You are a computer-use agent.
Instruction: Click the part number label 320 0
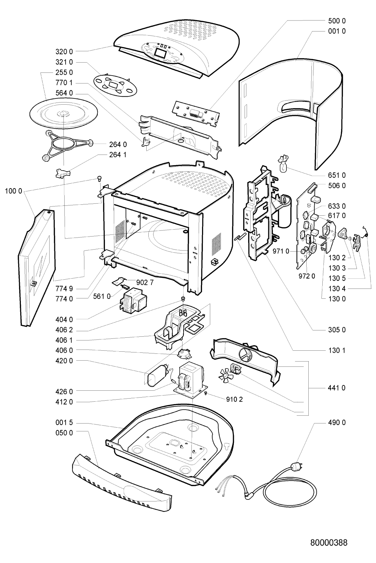[x=64, y=52]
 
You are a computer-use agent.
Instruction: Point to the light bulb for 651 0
[x=283, y=166]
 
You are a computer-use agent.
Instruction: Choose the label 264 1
[x=118, y=155]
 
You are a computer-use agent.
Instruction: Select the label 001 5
[x=64, y=423]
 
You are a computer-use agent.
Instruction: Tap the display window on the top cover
[x=160, y=52]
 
